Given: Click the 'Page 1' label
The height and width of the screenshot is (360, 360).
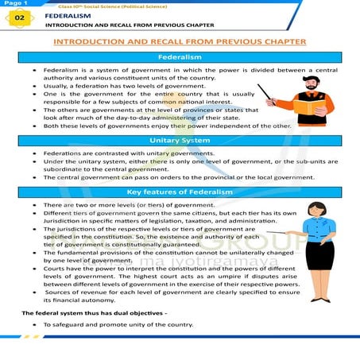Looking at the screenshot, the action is click(x=13, y=3).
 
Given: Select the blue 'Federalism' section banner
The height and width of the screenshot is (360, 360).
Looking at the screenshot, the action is click(x=180, y=58).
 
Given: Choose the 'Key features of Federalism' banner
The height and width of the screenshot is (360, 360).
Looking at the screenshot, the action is click(x=180, y=193).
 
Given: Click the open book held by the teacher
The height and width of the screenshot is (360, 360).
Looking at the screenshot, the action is click(x=308, y=105).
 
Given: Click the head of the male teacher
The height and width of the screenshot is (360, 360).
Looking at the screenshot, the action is click(x=309, y=79).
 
